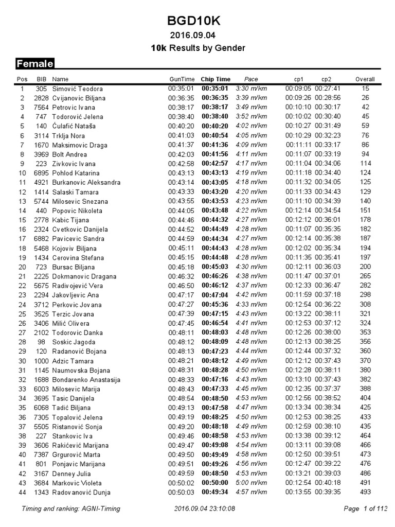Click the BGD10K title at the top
click(197, 21)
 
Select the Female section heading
click(35, 64)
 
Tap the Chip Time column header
click(216, 79)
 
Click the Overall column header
click(365, 79)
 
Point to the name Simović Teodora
click(78, 89)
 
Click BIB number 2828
click(41, 98)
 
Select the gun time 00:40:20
click(181, 126)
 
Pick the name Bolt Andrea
click(69, 154)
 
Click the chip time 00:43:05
click(215, 182)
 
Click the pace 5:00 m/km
click(251, 483)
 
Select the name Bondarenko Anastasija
click(86, 380)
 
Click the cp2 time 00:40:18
click(328, 483)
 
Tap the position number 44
click(22, 493)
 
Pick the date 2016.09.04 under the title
click(197, 36)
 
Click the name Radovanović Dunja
click(81, 493)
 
